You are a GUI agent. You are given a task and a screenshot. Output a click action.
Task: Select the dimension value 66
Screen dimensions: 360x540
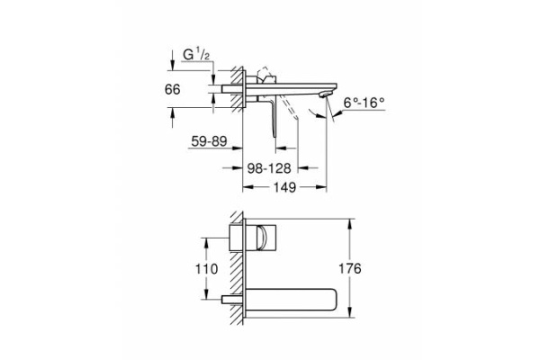click(x=184, y=91)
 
